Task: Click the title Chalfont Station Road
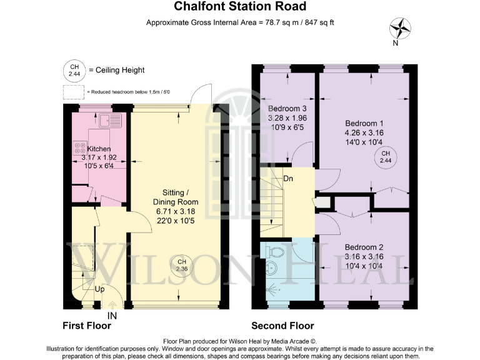[x=240, y=7]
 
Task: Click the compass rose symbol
[x=400, y=29]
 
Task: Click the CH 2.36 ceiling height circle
[x=181, y=265]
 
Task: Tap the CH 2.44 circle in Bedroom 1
[x=386, y=157]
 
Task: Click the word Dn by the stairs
[x=288, y=179]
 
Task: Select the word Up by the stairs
[x=99, y=290]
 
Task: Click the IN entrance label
[x=112, y=317]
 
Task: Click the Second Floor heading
[x=282, y=326]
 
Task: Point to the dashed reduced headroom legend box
[x=74, y=91]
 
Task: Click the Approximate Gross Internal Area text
[x=240, y=23]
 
